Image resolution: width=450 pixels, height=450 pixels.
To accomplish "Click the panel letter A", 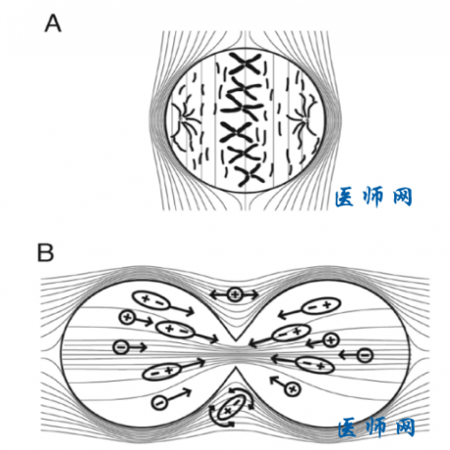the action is (53, 23).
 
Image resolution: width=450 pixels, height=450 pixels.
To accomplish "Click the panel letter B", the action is (45, 252).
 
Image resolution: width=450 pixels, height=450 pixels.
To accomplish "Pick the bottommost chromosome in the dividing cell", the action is (250, 176).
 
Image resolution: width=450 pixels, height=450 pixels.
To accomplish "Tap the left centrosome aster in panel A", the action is (184, 120).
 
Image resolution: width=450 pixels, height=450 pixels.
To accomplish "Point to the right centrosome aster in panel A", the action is (304, 119).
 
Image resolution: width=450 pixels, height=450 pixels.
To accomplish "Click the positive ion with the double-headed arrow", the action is (234, 295).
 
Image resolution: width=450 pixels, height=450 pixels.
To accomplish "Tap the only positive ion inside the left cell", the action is (127, 317).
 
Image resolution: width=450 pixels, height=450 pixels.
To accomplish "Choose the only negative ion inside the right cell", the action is (365, 355).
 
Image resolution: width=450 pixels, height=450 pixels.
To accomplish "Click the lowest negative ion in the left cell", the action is (159, 403).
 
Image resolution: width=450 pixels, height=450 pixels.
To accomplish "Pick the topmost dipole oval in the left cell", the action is (151, 300).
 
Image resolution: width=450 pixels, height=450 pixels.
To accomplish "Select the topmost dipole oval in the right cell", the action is (322, 306).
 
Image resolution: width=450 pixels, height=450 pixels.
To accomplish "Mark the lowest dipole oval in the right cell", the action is (315, 365).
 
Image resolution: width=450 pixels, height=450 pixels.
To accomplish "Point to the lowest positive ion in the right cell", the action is (292, 388).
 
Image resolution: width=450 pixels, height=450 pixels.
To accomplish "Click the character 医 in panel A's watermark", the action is (344, 197).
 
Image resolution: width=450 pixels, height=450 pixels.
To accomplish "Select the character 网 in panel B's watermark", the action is (405, 427).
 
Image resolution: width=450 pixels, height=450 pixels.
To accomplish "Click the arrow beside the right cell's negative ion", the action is (348, 355).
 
